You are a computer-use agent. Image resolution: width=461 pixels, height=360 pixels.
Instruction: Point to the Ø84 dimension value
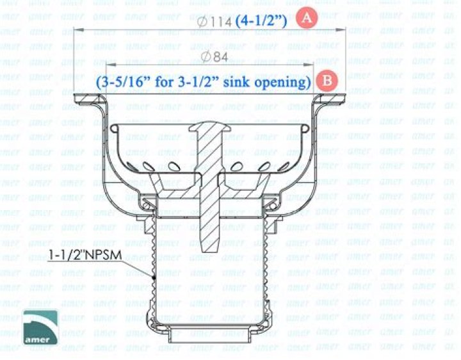tap(214, 58)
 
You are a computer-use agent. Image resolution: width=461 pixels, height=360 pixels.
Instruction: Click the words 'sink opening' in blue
tap(274, 82)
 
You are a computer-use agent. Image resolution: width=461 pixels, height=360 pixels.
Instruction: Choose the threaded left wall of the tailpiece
tap(154, 263)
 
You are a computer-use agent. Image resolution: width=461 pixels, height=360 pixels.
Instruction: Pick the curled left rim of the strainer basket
tap(113, 129)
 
